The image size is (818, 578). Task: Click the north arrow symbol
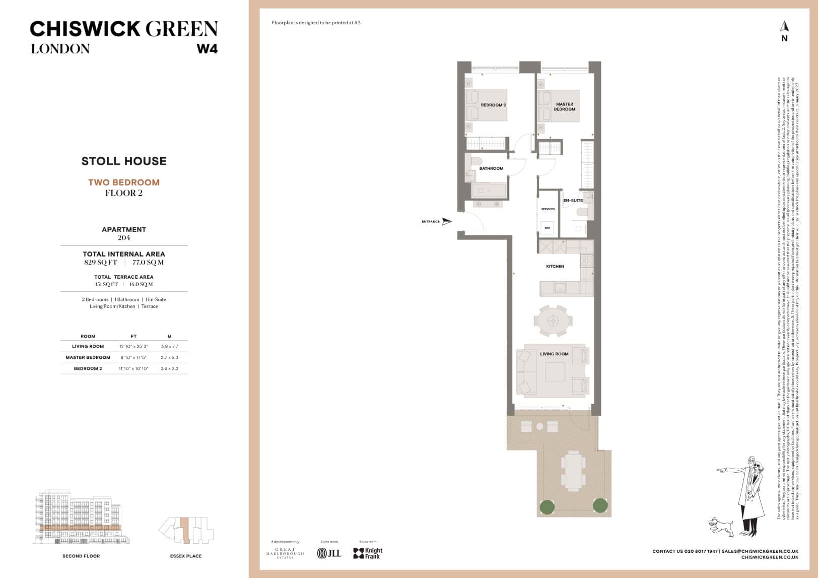click(x=784, y=26)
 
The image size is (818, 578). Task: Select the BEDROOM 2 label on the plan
click(x=493, y=105)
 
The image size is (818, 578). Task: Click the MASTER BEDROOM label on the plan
click(x=564, y=107)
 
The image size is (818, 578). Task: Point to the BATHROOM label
click(x=491, y=168)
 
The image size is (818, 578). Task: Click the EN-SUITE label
click(x=573, y=201)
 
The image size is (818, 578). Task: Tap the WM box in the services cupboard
click(x=548, y=227)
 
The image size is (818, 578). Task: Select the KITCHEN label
click(x=555, y=267)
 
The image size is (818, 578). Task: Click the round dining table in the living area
click(x=553, y=320)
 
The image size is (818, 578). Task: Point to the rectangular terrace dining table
click(x=573, y=470)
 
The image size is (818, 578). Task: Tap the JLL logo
click(x=329, y=553)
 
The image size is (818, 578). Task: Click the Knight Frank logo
click(x=368, y=553)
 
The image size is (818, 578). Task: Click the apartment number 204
click(x=124, y=238)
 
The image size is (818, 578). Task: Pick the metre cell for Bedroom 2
click(x=169, y=368)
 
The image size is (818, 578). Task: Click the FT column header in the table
click(x=133, y=336)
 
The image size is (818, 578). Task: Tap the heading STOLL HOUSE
click(x=124, y=161)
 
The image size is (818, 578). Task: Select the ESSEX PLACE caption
click(x=186, y=556)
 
